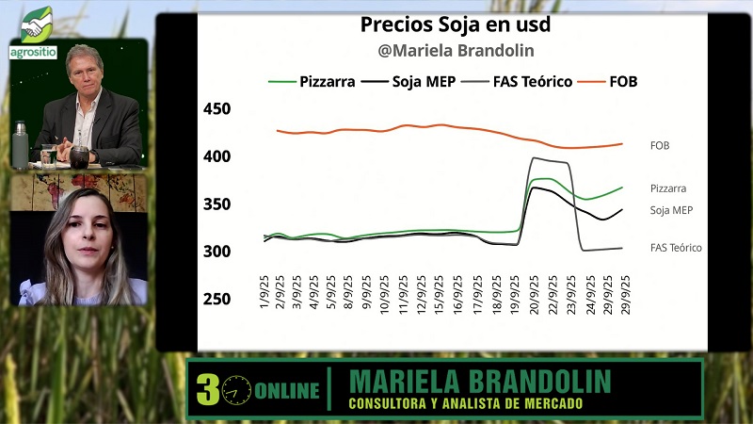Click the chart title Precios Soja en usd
pyautogui.click(x=456, y=24)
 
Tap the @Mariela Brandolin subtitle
pyautogui.click(x=456, y=51)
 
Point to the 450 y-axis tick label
pyautogui.click(x=216, y=109)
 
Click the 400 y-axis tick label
pyautogui.click(x=216, y=156)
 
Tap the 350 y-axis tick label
pyautogui.click(x=216, y=204)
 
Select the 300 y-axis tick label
pyautogui.click(x=216, y=252)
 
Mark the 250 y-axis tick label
pyautogui.click(x=216, y=299)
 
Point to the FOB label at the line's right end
pyautogui.click(x=660, y=145)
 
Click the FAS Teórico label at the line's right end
pyautogui.click(x=676, y=248)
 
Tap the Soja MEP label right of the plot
pyautogui.click(x=672, y=210)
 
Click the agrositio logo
pyautogui.click(x=35, y=32)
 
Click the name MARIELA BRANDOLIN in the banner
pyautogui.click(x=479, y=382)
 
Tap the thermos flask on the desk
pyautogui.click(x=20, y=143)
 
